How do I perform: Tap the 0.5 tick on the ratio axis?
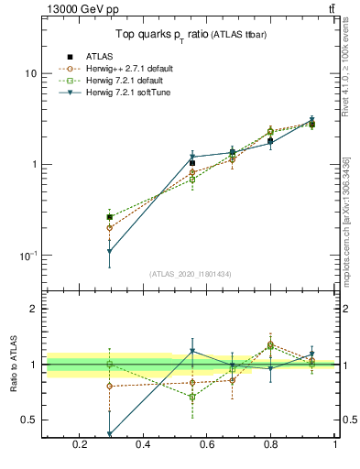[30, 420]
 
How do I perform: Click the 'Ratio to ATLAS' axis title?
[13, 364]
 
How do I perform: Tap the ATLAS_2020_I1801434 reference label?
[190, 274]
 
